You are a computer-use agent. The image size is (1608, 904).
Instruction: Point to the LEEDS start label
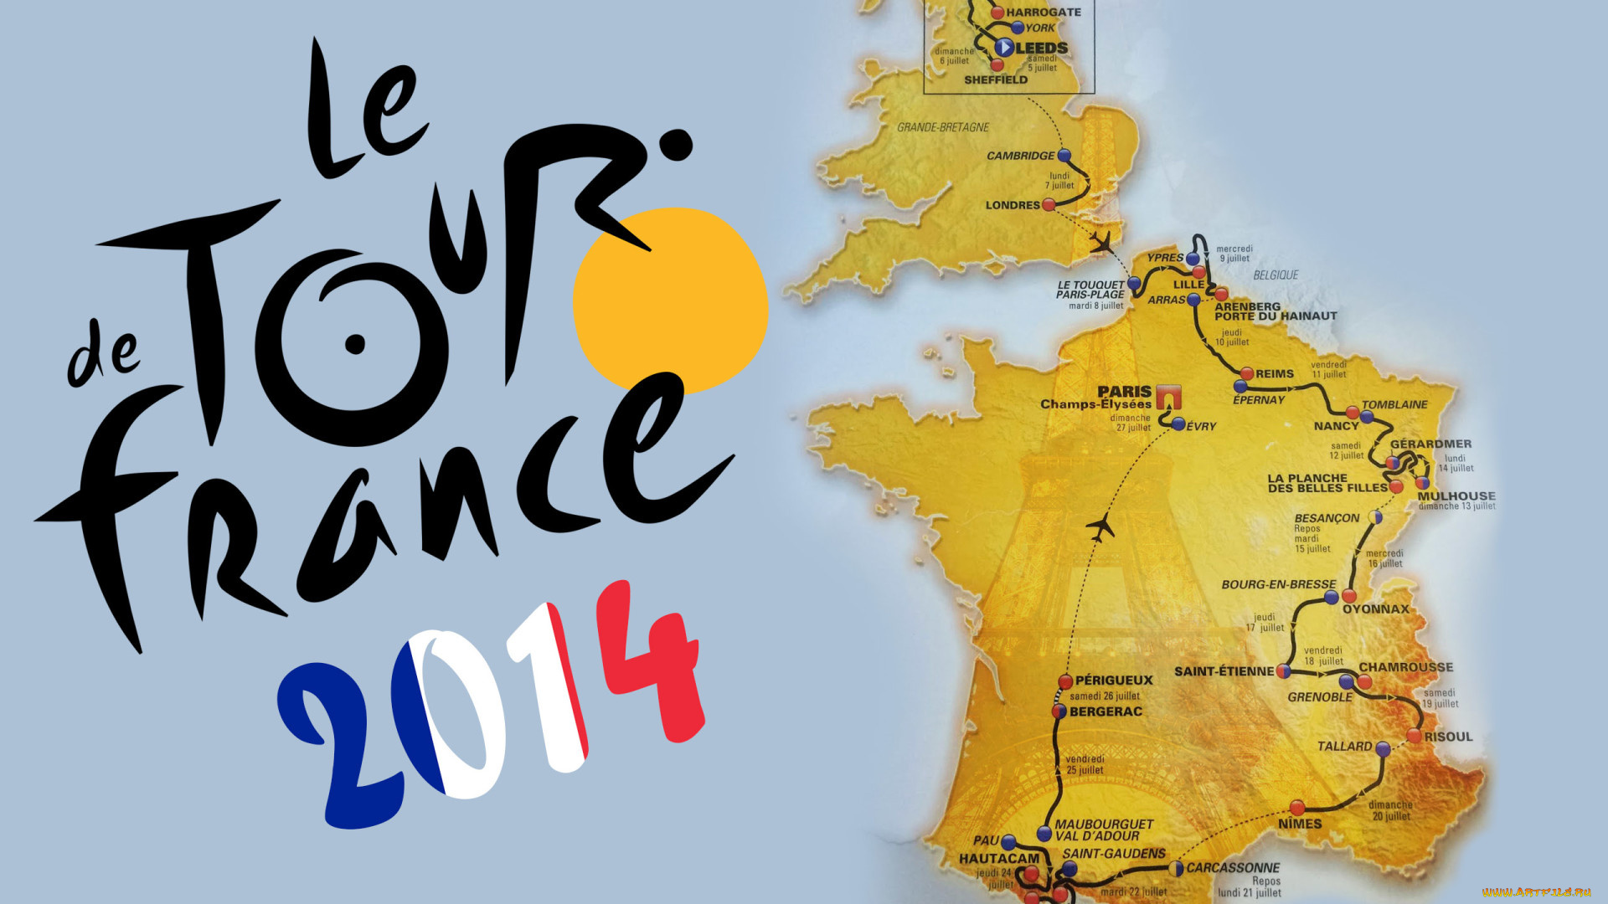click(1042, 49)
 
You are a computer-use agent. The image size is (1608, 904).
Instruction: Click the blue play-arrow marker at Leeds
click(1004, 48)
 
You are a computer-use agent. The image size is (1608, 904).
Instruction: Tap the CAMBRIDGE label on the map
click(1020, 156)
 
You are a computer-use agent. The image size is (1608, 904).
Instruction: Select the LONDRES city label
click(1012, 205)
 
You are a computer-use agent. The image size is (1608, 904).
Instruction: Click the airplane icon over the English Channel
click(1102, 243)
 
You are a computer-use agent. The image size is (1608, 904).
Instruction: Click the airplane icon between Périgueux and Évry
click(1100, 528)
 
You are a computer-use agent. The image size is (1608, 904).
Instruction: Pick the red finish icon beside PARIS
click(1168, 396)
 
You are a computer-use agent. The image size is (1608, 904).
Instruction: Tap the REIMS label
click(1274, 374)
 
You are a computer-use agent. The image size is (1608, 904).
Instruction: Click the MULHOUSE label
click(1456, 496)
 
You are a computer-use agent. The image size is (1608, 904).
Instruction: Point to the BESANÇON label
click(1327, 518)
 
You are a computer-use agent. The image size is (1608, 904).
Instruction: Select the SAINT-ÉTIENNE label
click(1224, 671)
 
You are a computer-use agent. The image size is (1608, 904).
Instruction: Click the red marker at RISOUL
click(1414, 737)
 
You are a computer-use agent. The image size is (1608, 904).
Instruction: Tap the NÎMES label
click(1300, 824)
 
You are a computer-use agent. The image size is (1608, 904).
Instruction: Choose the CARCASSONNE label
click(1233, 868)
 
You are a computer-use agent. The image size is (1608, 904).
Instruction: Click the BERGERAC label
click(1105, 711)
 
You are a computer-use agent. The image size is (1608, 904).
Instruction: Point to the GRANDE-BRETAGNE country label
click(943, 127)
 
